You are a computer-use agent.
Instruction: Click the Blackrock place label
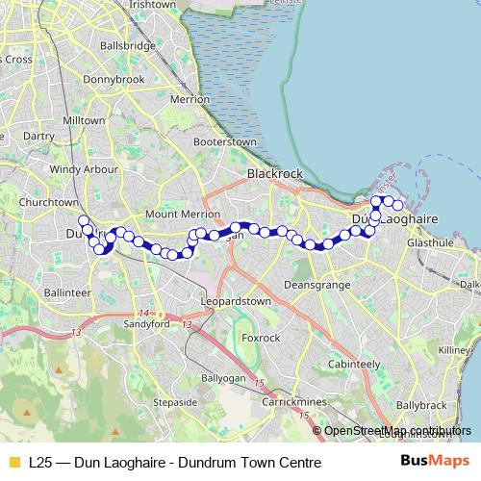coord(275,174)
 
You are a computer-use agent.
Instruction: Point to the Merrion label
coord(189,99)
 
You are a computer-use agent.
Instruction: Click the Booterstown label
coord(224,141)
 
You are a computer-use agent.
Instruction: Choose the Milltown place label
coord(82,121)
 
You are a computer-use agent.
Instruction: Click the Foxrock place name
coord(260,339)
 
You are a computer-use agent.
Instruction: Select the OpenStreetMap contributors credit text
coord(396,431)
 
